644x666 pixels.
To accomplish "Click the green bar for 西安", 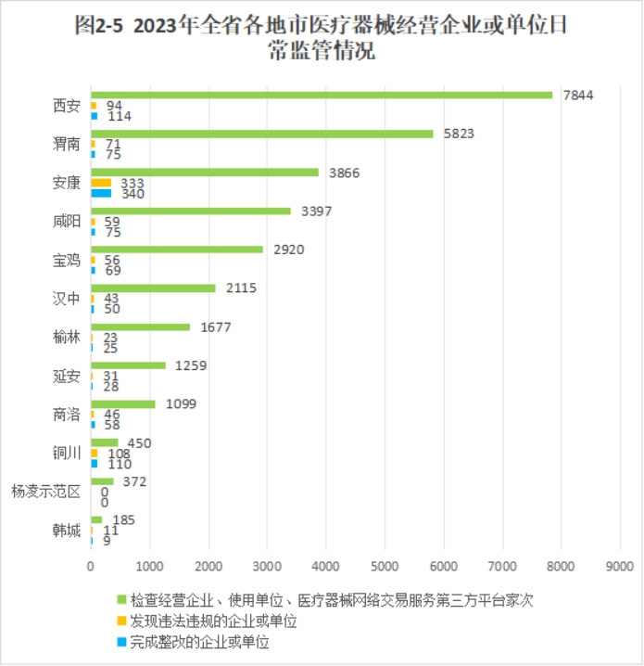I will click(x=322, y=95).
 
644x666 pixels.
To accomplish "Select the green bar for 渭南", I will click(x=262, y=134).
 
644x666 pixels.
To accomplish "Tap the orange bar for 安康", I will click(x=101, y=183).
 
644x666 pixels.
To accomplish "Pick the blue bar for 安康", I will click(x=101, y=193).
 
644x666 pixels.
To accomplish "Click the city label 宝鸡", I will click(x=67, y=260).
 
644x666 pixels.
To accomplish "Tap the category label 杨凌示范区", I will click(x=45, y=492).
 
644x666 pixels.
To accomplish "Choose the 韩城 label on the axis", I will click(x=67, y=531).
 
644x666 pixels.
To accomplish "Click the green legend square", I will click(x=121, y=601).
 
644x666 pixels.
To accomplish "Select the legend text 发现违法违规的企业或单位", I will click(x=213, y=621).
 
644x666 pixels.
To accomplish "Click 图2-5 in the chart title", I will click(x=99, y=25).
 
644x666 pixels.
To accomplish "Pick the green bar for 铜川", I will click(x=104, y=442).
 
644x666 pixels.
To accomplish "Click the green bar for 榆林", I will click(x=140, y=327).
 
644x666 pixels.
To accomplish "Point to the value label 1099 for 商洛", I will click(x=181, y=404).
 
